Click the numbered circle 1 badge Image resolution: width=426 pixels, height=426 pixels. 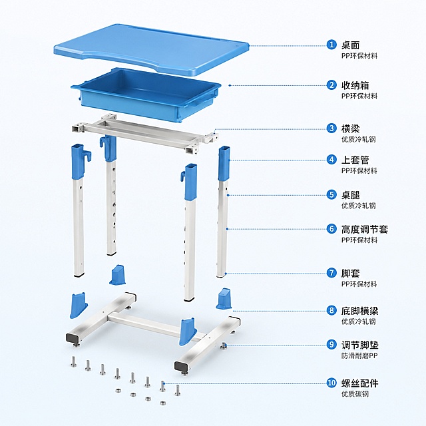click(331, 45)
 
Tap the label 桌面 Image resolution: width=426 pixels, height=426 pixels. click(351, 45)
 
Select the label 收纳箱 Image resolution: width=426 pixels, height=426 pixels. click(355, 85)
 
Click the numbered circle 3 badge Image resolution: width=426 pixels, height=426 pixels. click(331, 128)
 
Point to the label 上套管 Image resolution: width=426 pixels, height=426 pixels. click(355, 160)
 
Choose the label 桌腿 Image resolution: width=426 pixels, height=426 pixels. click(351, 195)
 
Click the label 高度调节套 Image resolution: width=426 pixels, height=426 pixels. click(365, 229)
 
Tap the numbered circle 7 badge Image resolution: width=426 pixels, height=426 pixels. click(331, 273)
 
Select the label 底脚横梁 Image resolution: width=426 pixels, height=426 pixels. click(359, 311)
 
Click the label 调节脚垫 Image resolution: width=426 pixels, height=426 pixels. click(359, 345)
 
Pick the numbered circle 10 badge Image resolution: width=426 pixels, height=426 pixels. click(331, 383)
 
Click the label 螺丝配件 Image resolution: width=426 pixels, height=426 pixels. click(359, 383)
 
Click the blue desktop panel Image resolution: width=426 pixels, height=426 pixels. click(151, 49)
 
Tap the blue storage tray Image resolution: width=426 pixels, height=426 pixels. click(146, 94)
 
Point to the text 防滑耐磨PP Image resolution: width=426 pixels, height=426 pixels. click(359, 355)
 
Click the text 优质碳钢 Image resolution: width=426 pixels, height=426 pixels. click(355, 394)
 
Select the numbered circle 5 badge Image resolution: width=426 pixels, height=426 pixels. click(331, 194)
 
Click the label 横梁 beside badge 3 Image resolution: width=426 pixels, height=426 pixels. click(351, 128)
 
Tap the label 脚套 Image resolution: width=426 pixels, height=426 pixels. click(351, 273)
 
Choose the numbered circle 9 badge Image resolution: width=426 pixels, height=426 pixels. click(331, 345)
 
